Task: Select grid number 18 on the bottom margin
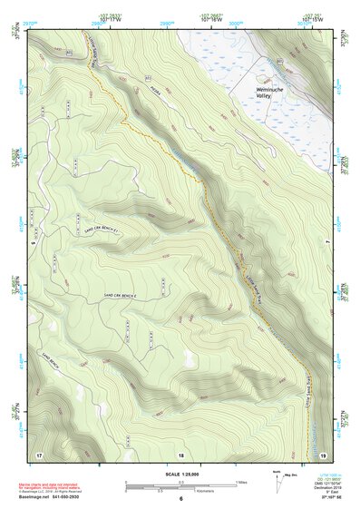pos(181,454)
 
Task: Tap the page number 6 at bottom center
pos(181,500)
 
